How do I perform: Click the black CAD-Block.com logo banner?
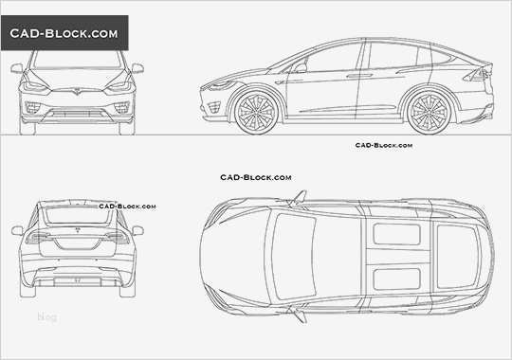pyautogui.click(x=64, y=34)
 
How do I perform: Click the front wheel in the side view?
pyautogui.click(x=254, y=110)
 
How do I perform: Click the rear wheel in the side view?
pyautogui.click(x=430, y=110)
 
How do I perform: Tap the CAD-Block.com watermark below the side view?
pyautogui.click(x=383, y=146)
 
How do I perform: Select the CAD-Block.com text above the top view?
pyautogui.click(x=256, y=177)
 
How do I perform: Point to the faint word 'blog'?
pyautogui.click(x=46, y=317)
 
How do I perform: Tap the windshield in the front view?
pyautogui.click(x=78, y=66)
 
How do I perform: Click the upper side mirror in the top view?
pyautogui.click(x=301, y=197)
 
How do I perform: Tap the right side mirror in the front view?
pyautogui.click(x=137, y=68)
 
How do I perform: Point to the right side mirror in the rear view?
pyautogui.click(x=137, y=230)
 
